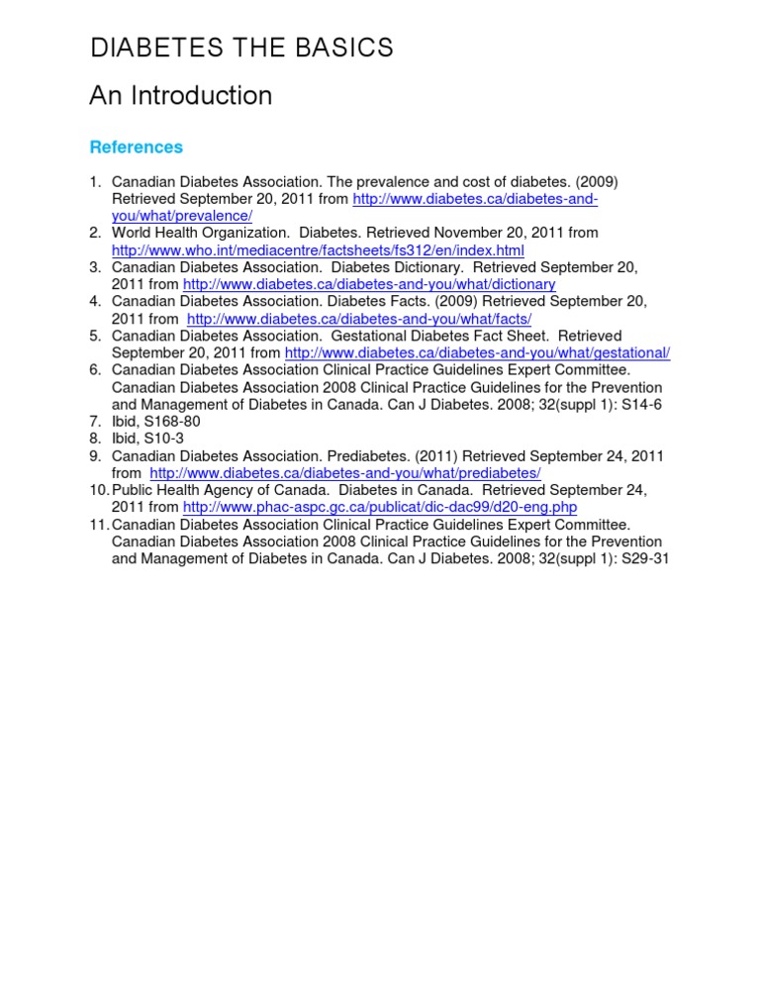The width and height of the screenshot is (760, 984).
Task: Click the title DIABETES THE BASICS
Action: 241,48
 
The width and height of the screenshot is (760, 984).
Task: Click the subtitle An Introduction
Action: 180,96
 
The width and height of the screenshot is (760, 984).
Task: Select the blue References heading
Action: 136,148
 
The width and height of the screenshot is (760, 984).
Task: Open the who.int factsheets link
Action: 318,250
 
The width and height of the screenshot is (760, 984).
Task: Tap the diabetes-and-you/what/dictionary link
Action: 369,284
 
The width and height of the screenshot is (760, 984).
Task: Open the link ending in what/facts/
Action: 359,319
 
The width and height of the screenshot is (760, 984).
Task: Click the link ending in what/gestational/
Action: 477,353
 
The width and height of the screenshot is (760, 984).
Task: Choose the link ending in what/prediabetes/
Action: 345,473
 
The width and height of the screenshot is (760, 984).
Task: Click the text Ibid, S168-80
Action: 155,421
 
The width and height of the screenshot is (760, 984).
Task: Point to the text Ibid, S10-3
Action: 147,439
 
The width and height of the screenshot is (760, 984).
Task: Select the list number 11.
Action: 98,525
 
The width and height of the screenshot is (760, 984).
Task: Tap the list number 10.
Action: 98,490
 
